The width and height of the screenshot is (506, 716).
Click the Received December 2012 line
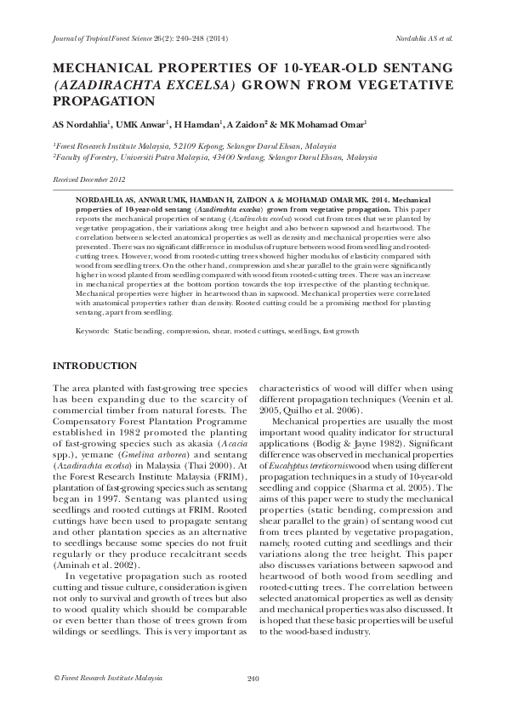coord(88,180)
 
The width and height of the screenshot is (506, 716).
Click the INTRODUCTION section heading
coord(94,366)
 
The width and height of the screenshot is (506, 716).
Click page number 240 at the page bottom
coord(253,678)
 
